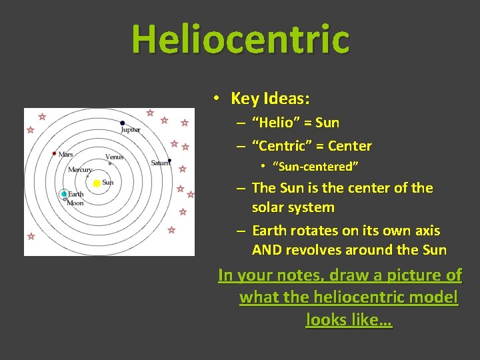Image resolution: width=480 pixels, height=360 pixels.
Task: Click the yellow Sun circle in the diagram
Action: coord(97,183)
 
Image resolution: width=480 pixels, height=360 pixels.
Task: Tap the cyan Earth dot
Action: coord(64,195)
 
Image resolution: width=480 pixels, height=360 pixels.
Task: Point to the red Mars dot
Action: coord(55,153)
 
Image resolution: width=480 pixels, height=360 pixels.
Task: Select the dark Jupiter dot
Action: coord(122,123)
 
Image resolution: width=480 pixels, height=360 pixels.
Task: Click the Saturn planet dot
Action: coord(170,160)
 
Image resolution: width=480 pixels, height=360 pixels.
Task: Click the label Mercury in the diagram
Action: coord(80,170)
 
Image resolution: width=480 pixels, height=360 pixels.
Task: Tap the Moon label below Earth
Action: coord(75,203)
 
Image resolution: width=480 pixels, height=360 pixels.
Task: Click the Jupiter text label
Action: coord(131,130)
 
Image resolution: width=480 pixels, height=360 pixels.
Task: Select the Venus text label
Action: coord(114,157)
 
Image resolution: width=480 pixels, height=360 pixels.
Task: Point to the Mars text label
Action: coord(66,154)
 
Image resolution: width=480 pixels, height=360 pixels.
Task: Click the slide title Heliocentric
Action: coord(240,39)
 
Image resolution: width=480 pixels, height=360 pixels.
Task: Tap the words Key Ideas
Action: coord(270,99)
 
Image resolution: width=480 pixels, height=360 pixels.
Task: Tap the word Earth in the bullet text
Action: coord(272,231)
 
